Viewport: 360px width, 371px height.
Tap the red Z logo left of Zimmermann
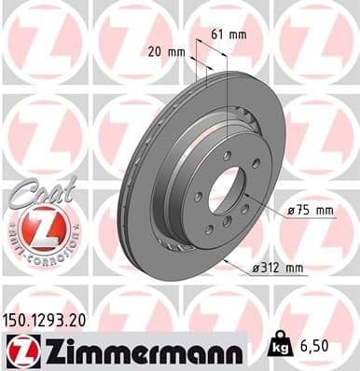tap(20, 350)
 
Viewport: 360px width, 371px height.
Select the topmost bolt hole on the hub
tap(227, 155)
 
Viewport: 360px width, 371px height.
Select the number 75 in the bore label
tap(300, 212)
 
